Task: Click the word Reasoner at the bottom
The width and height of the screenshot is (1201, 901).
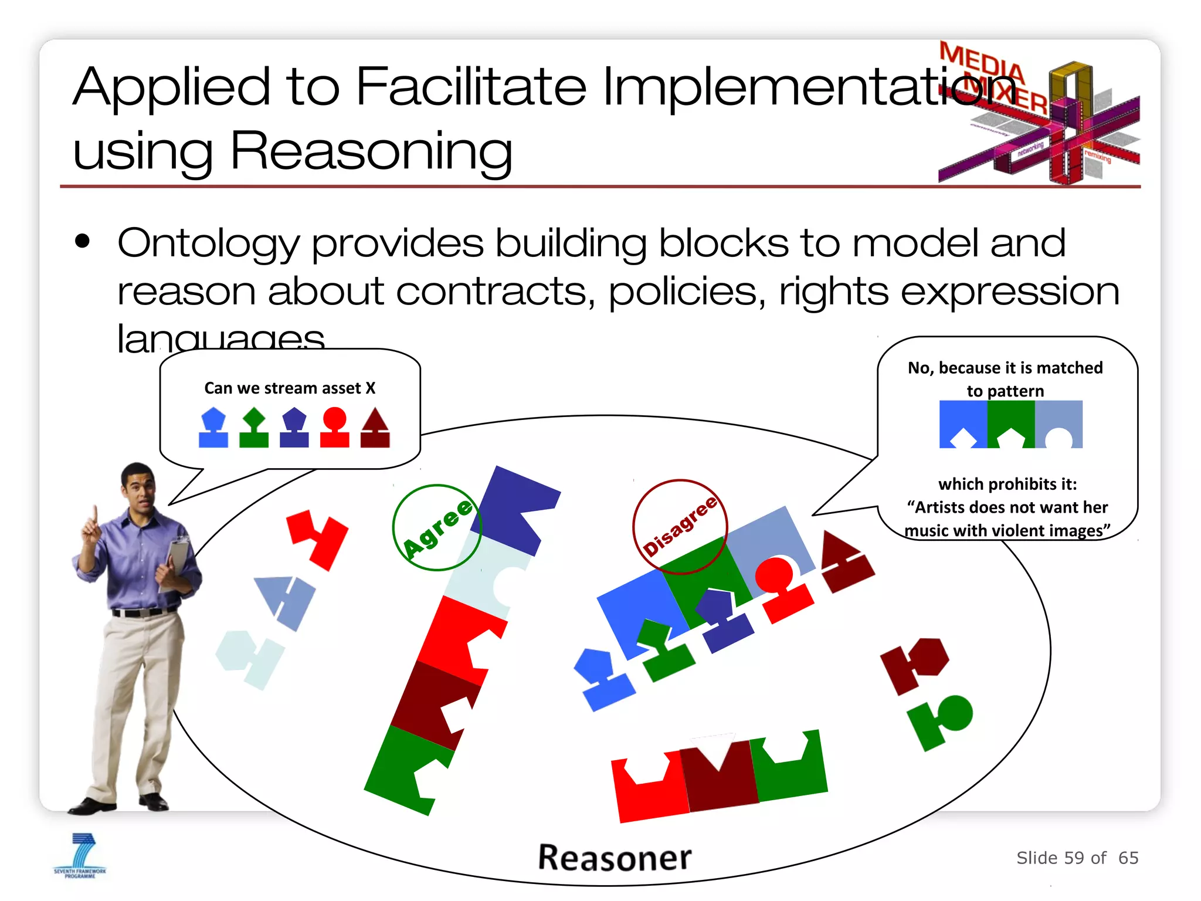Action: click(x=615, y=858)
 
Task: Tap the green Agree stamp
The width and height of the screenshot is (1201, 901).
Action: click(x=437, y=527)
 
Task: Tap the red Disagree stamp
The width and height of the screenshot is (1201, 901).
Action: click(x=680, y=526)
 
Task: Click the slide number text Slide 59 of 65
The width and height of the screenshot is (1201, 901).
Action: click(x=1077, y=858)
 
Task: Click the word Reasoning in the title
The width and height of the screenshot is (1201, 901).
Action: click(x=371, y=151)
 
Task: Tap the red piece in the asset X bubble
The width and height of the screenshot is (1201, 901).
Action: click(x=334, y=427)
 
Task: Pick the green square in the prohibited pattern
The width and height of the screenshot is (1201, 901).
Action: click(x=1010, y=424)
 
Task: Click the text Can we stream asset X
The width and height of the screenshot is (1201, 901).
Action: click(x=290, y=388)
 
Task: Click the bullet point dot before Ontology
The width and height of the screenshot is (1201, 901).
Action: click(x=83, y=241)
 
